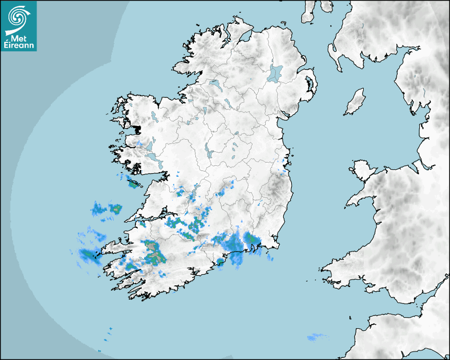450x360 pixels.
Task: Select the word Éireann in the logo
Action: point(19,46)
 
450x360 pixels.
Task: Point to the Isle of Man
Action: point(355,102)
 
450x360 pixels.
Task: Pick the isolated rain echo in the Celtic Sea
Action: point(316,337)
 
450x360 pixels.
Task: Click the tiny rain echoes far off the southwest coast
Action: point(110,330)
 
